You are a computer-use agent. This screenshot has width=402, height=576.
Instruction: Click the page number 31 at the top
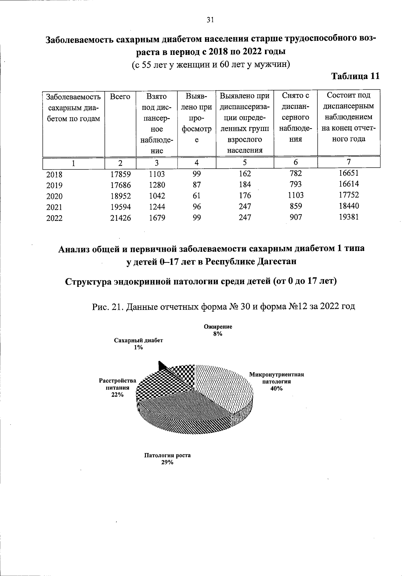click(210, 20)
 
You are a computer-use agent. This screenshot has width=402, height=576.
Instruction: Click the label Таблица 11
click(355, 76)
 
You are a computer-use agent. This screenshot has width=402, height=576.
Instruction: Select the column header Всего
click(120, 97)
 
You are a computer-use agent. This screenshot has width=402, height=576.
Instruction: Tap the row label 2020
click(54, 196)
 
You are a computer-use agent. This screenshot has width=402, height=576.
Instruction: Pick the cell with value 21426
click(121, 218)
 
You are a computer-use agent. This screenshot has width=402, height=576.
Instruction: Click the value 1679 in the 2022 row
click(157, 218)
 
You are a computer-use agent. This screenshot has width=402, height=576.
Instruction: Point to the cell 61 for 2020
click(197, 195)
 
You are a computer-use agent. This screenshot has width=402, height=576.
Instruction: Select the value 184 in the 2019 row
click(245, 184)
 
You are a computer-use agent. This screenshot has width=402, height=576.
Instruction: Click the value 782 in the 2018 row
click(296, 173)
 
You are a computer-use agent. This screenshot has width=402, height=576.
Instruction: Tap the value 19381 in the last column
click(348, 217)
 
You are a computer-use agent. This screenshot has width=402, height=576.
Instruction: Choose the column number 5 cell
click(245, 163)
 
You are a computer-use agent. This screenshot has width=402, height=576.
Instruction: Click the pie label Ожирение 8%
click(218, 330)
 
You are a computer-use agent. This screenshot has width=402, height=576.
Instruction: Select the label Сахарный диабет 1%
click(138, 344)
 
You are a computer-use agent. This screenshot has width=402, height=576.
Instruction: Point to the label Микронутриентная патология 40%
click(276, 381)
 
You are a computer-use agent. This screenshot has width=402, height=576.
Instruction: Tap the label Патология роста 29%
click(167, 459)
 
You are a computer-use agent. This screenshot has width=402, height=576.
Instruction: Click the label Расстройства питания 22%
click(118, 388)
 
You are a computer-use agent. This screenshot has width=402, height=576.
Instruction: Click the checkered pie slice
click(167, 382)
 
